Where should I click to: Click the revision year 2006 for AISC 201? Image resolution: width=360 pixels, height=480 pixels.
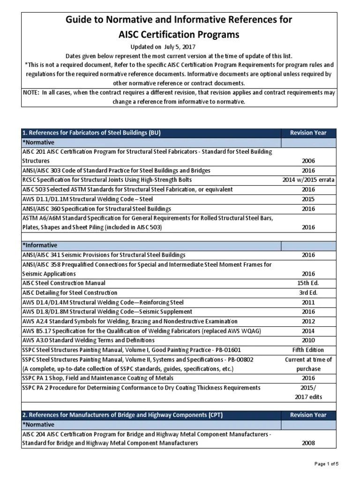click(x=308, y=161)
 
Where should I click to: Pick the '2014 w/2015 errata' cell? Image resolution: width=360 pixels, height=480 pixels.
click(x=308, y=180)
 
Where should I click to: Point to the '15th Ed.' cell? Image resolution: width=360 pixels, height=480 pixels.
click(x=308, y=283)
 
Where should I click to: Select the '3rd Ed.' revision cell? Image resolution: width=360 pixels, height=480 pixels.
click(x=308, y=292)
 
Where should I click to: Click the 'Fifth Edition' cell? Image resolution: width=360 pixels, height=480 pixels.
click(x=308, y=350)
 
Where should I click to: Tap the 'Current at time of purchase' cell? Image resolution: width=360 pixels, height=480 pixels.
click(x=308, y=364)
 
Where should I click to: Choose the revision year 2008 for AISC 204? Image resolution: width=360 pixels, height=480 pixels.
click(x=308, y=443)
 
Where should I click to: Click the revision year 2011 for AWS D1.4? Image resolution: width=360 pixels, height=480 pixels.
click(x=308, y=302)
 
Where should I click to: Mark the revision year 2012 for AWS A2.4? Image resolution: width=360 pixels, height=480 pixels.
click(x=308, y=321)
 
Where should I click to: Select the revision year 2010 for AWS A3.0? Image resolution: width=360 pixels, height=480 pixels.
click(x=308, y=340)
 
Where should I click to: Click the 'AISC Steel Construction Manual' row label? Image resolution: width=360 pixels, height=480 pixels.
click(x=64, y=283)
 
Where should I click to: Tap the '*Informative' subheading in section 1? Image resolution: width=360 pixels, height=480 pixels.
click(x=40, y=245)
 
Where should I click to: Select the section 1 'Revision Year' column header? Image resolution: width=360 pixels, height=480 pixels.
click(x=308, y=133)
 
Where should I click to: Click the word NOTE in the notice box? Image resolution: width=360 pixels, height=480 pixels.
click(x=32, y=92)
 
